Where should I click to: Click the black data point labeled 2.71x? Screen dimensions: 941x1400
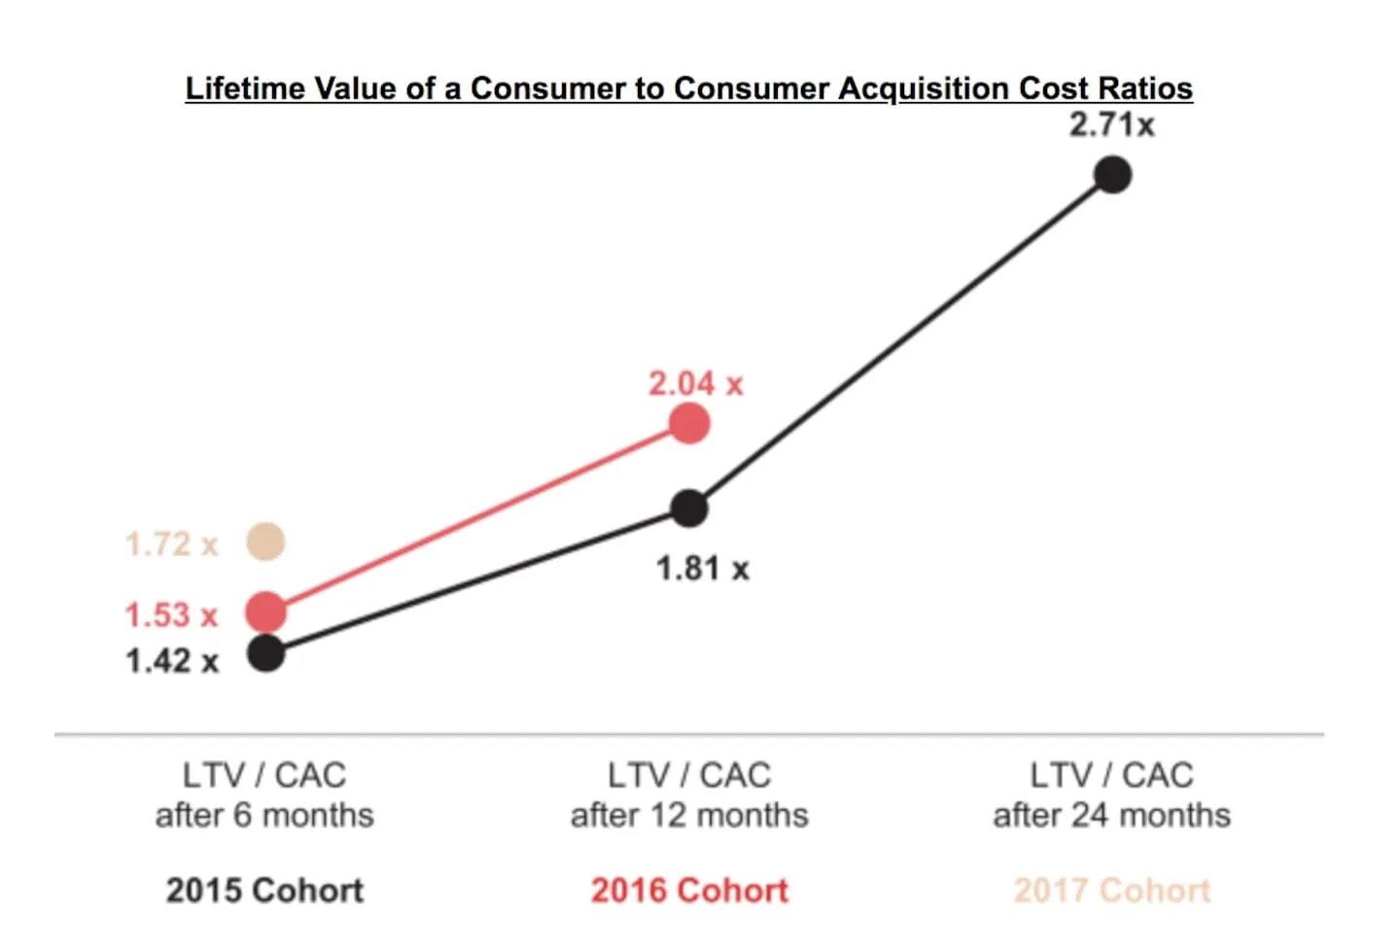click(1112, 175)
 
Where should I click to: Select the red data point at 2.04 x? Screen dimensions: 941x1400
click(689, 424)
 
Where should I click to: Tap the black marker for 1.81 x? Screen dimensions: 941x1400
click(689, 507)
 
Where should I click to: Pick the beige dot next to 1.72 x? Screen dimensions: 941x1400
click(265, 541)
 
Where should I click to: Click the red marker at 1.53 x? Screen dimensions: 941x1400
click(265, 611)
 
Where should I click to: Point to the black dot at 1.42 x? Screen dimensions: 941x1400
click(265, 653)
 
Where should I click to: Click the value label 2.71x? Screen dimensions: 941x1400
click(1111, 125)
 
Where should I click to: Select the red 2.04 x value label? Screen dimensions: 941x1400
click(695, 384)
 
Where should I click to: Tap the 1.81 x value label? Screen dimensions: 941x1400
click(702, 569)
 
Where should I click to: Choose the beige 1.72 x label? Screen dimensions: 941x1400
click(171, 544)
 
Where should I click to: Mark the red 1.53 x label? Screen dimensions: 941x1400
click(171, 615)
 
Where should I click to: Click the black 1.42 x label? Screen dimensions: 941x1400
click(171, 662)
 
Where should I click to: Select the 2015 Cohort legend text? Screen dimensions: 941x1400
click(264, 890)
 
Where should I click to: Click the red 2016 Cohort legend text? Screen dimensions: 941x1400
click(689, 890)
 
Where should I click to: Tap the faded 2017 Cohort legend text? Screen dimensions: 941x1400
click(1111, 890)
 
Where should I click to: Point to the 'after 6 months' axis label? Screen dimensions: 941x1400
click(264, 815)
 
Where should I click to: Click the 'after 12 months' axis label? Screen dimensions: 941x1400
click(689, 815)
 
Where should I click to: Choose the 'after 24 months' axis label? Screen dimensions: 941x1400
click(1111, 815)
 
